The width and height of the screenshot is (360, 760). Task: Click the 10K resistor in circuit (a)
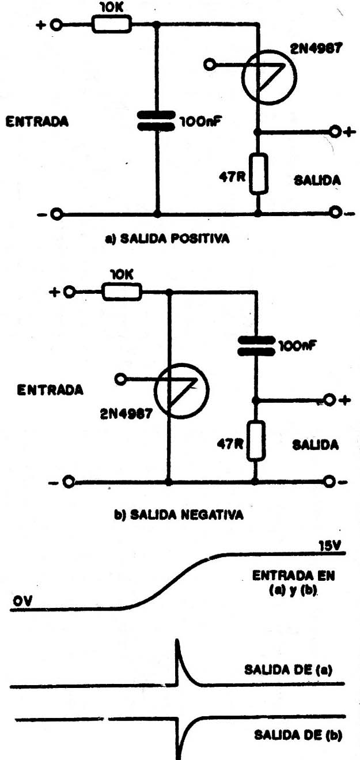112,24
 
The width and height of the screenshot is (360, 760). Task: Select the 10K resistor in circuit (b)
122,292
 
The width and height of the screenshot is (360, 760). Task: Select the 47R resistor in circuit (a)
258,173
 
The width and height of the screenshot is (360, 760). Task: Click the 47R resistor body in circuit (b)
255,440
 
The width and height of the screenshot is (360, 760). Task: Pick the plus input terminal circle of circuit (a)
56,25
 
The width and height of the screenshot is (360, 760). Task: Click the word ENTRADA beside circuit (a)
37,122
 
